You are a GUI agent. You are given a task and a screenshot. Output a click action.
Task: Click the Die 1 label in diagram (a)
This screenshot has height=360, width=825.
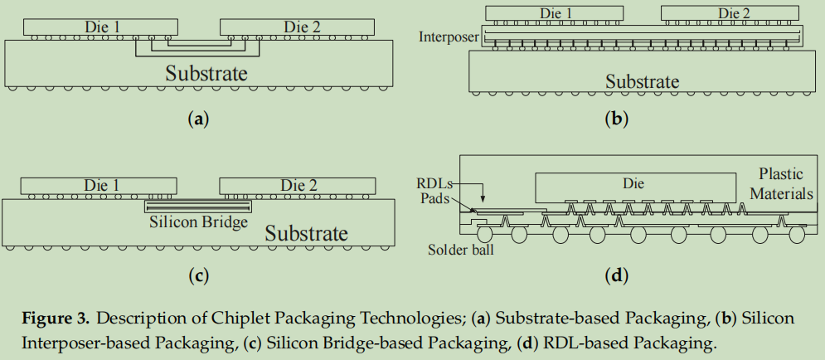tap(102, 27)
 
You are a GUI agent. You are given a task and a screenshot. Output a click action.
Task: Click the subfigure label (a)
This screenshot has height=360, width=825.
tap(197, 119)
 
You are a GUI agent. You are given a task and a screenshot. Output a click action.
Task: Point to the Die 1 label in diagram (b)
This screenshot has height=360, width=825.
tap(556, 12)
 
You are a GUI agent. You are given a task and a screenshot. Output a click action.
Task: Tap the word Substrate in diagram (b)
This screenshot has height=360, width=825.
tap(642, 81)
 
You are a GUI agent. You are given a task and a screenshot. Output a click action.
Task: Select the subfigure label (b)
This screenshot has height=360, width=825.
tap(615, 119)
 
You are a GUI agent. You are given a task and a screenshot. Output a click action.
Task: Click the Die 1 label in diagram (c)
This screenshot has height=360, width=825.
tap(102, 185)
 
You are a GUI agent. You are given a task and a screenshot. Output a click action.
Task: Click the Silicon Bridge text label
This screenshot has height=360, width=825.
tap(198, 222)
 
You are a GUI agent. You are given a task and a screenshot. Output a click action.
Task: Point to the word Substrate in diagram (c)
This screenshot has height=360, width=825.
tap(306, 234)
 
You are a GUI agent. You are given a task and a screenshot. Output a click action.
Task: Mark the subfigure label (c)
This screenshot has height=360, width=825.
tap(197, 275)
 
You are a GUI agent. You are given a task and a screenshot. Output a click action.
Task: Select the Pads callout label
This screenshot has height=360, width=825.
tap(436, 199)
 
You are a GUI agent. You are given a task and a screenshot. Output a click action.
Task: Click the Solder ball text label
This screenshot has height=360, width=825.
tap(460, 250)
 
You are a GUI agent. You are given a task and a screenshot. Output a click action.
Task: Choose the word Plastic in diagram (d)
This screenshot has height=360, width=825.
tap(781, 174)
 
